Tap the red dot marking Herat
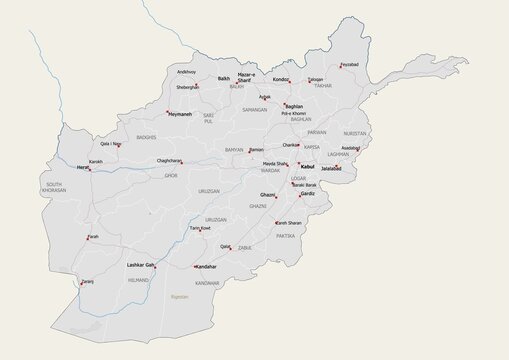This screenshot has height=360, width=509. pos(91,169)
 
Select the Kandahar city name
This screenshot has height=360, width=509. pos(206,267)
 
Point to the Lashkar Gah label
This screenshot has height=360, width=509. pos(141,265)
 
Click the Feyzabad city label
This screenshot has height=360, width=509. pos(349,65)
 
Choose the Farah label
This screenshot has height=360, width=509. pos(93,237)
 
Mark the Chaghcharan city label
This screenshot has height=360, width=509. pos(169,160)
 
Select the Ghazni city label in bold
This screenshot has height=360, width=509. pos(267,194)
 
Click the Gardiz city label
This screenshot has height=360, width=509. pos(307,194)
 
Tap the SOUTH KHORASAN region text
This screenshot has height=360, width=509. pos(53,187)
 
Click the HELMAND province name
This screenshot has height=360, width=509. pos(138,282)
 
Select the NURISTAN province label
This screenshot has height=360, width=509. pos(355,132)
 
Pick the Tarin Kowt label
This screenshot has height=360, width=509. pos(200,228)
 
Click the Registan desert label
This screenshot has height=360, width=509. pos(180,297)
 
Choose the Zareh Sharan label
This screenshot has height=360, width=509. pos(289,223)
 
